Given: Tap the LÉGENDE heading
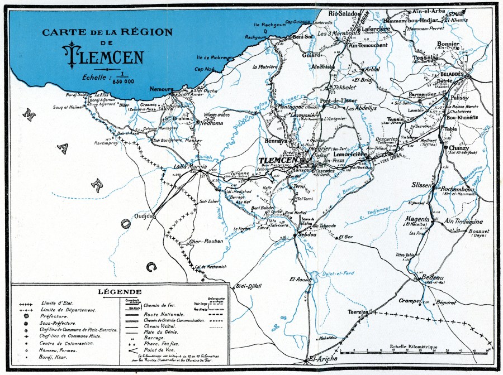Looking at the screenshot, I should tap(120, 292).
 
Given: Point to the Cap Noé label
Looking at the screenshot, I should tap(205, 69).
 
